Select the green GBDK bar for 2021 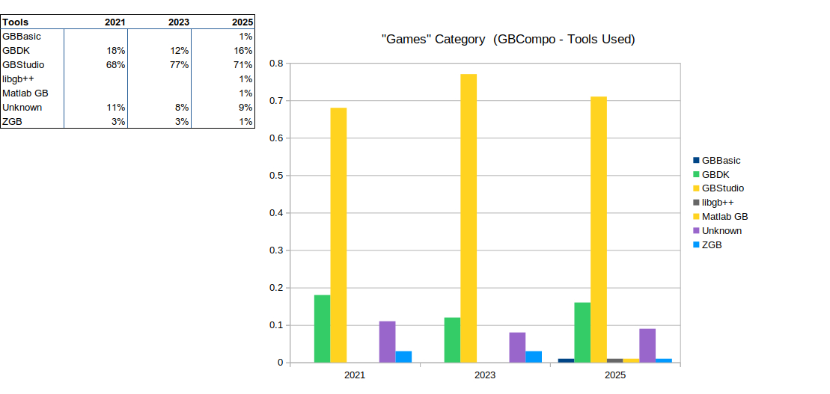(322, 329)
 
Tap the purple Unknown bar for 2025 (647, 345)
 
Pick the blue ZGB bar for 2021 (403, 357)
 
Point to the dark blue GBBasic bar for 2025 (566, 360)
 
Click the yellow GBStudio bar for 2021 (338, 235)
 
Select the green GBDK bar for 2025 (582, 333)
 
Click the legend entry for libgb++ (717, 203)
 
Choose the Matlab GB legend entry (724, 217)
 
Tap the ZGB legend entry (711, 245)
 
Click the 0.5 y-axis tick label (276, 176)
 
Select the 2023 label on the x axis (485, 375)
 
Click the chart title (508, 39)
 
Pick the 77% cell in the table (179, 65)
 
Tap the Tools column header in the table (16, 22)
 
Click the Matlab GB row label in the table (25, 93)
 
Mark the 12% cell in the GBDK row (179, 51)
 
